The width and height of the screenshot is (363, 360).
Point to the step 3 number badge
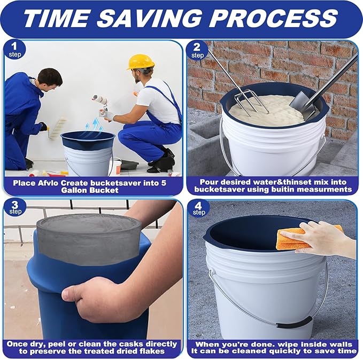(15, 207)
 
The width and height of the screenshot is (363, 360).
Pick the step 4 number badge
(198, 207)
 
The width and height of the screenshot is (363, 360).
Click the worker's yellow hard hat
(141, 61)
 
